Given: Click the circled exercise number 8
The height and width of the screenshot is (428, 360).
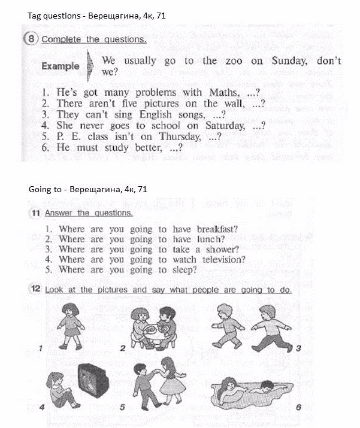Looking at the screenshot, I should point(31,40).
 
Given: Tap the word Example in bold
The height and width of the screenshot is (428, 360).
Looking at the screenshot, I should point(60,66).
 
